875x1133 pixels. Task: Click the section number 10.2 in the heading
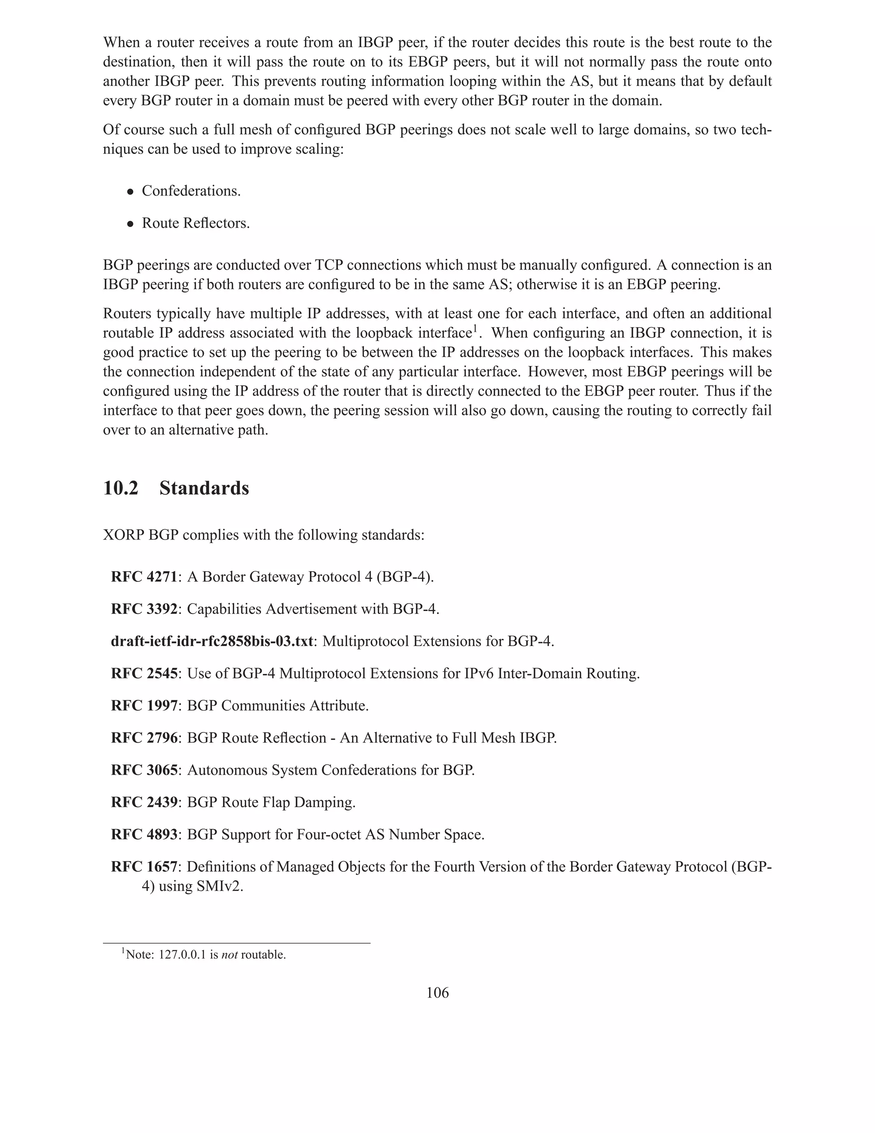[x=121, y=489]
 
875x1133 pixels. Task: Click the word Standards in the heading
[x=204, y=489]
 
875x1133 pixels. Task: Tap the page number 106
[x=437, y=993]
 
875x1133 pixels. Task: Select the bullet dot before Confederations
[x=131, y=192]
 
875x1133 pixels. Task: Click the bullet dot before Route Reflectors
[x=131, y=224]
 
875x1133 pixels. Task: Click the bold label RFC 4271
[x=144, y=577]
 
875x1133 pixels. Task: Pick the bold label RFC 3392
[x=144, y=609]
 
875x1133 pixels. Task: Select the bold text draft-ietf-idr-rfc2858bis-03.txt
[x=212, y=641]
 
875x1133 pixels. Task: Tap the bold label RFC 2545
[x=144, y=673]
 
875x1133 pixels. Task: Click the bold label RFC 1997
[x=144, y=705]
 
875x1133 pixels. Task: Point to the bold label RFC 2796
[x=144, y=738]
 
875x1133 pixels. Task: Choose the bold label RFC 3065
[x=144, y=770]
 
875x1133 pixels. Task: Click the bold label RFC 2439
[x=144, y=803]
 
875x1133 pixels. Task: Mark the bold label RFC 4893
[x=144, y=835]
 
